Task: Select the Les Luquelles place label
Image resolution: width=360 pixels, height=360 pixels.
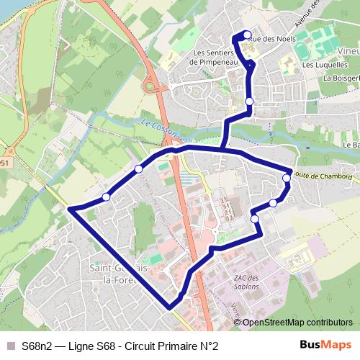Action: click(x=319, y=65)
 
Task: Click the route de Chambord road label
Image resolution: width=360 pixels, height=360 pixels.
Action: click(x=325, y=175)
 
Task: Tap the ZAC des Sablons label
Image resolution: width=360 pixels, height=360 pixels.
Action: click(x=246, y=282)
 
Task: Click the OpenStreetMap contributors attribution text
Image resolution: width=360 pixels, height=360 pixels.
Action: click(x=297, y=322)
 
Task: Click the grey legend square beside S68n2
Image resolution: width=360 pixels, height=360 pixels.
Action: click(x=9, y=346)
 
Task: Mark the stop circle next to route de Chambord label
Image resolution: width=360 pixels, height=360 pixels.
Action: click(x=287, y=177)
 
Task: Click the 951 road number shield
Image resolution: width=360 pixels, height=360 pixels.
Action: click(x=4, y=163)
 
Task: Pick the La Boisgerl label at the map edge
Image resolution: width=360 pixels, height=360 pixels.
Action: click(x=341, y=78)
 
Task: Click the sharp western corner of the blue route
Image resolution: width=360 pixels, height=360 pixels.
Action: click(x=70, y=209)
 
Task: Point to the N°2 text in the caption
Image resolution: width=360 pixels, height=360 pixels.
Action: click(x=208, y=346)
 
